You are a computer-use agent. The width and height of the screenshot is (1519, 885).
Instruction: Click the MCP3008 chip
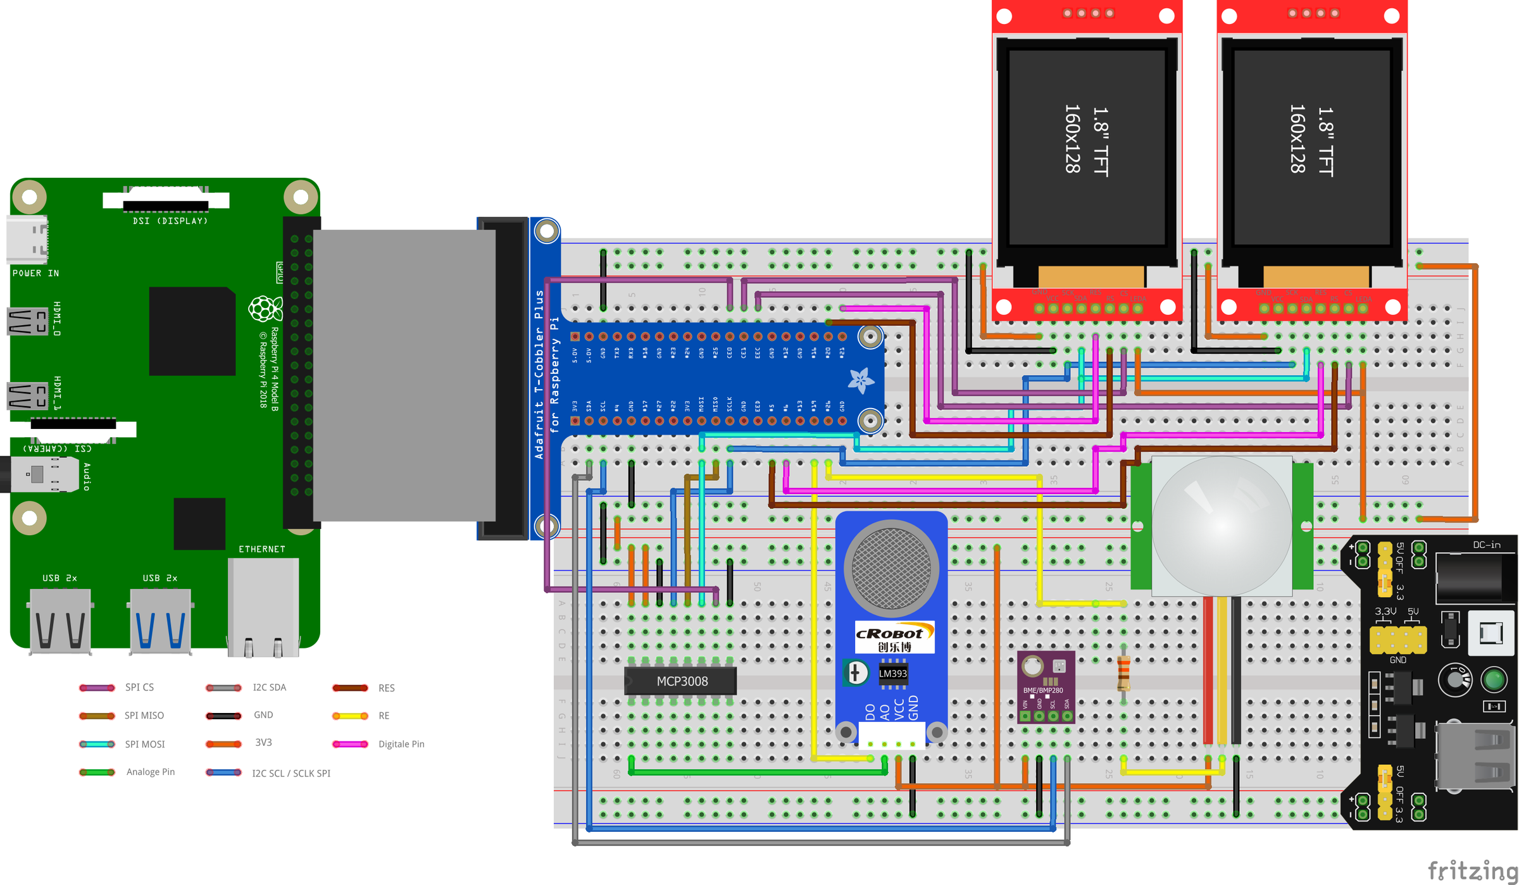681,681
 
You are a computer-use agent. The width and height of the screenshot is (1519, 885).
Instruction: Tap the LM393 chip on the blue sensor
892,674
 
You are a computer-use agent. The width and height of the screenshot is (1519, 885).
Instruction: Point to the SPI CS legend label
139,687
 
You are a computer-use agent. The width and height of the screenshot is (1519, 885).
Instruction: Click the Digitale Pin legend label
401,744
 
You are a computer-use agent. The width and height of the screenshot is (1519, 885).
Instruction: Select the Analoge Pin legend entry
150,772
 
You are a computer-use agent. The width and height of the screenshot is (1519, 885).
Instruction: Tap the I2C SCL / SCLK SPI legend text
291,773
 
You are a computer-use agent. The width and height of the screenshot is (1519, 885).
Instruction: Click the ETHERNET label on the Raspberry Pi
261,549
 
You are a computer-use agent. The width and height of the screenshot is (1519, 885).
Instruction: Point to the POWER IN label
35,273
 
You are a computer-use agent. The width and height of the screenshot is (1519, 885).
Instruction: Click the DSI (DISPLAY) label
170,221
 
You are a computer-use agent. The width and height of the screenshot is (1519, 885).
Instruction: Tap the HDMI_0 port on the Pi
28,321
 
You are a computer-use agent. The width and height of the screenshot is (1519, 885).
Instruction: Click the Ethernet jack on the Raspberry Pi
263,607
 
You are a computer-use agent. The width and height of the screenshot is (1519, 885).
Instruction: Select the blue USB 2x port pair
159,620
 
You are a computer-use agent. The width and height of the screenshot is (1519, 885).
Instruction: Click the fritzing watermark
1472,870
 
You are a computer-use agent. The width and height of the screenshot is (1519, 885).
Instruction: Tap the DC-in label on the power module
1486,545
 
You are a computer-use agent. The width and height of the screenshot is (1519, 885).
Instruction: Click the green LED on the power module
1494,681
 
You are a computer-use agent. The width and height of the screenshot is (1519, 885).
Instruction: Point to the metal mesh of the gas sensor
891,568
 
